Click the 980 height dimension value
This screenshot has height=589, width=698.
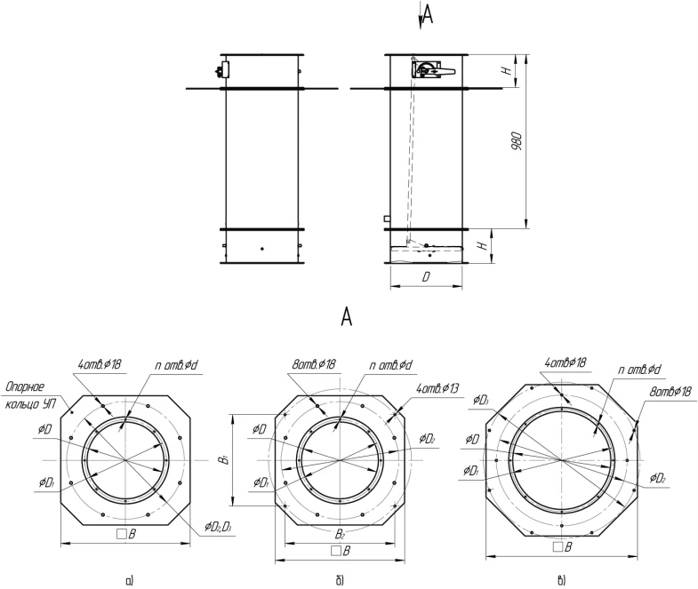click(517, 140)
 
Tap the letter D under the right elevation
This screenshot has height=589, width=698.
click(426, 277)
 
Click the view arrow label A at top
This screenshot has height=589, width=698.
click(428, 15)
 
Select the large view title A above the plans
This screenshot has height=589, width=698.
click(346, 317)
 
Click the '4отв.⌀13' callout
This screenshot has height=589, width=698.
click(437, 388)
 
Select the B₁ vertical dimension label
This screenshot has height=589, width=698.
click(226, 459)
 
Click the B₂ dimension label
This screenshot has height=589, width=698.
click(340, 534)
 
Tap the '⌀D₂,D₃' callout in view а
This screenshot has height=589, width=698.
click(218, 527)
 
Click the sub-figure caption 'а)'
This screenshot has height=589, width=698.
click(130, 580)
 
